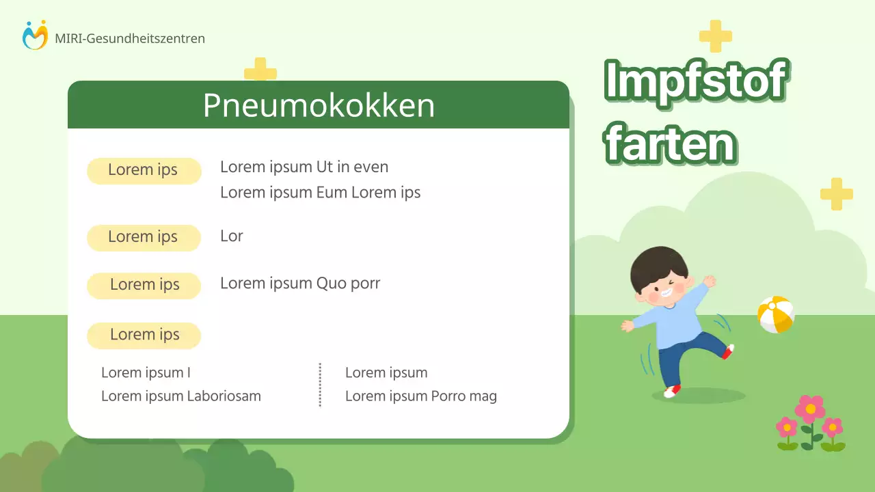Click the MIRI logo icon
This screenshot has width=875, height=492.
[35, 36]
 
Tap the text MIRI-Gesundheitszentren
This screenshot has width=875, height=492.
[130, 39]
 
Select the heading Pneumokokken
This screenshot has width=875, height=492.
[319, 106]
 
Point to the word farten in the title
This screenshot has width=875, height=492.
[671, 143]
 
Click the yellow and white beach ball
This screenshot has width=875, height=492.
[776, 314]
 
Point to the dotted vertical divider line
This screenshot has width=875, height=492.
[320, 385]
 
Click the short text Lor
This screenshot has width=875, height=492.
[232, 236]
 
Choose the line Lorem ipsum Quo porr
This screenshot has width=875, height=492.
[300, 284]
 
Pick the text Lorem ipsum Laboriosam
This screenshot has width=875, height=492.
[181, 396]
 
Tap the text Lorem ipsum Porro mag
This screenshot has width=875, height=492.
[421, 396]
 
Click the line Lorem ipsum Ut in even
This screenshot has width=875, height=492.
[304, 167]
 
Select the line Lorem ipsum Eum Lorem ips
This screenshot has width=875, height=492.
[320, 193]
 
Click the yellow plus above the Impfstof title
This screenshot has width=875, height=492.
[715, 36]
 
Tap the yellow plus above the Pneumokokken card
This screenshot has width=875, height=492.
[260, 71]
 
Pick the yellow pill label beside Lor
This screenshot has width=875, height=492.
[144, 237]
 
